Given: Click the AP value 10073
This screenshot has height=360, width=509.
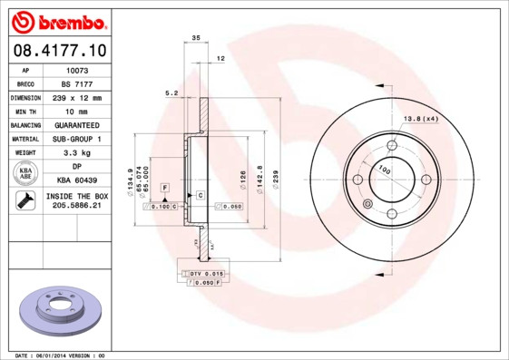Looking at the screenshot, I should tap(77, 68).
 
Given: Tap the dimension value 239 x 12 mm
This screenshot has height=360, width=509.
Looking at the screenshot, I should tap(77, 96).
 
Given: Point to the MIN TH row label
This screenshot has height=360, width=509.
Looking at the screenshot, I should tap(24, 110).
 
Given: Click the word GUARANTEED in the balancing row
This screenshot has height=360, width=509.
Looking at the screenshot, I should tap(77, 124).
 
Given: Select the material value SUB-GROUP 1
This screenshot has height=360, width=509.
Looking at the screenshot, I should tap(77, 139).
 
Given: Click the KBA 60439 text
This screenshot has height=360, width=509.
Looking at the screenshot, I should tap(77, 180).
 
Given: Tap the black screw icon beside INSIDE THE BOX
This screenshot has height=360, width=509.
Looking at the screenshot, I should tap(24, 201).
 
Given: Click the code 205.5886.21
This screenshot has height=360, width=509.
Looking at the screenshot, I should tap(77, 207).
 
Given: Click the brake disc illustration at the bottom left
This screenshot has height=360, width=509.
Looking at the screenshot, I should tap(60, 309).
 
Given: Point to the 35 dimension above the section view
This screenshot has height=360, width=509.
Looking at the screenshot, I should tap(195, 38).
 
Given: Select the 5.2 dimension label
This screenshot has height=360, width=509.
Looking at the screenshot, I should tap(170, 92).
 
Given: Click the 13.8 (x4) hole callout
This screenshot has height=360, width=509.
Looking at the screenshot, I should tap(420, 119).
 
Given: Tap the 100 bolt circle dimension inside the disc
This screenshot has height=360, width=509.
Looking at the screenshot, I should tap(384, 170).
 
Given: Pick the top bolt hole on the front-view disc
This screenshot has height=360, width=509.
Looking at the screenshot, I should tap(392, 145).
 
